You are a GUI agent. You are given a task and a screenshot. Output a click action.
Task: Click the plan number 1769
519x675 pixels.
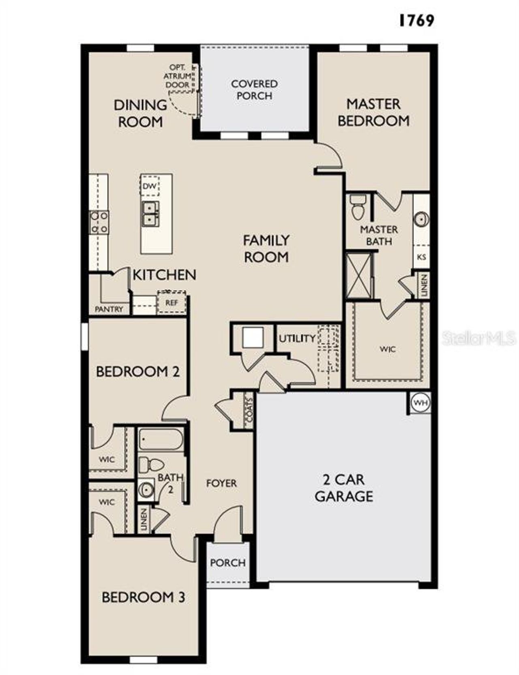coord(416,20)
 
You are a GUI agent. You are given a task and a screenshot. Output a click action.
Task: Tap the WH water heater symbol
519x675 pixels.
coord(420,403)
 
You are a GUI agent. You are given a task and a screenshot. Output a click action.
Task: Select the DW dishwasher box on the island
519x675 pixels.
coord(150,186)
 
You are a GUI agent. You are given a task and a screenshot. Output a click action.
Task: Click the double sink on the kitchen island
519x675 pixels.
coord(150,214)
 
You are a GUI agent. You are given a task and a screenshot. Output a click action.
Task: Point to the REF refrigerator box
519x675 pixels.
coord(172,303)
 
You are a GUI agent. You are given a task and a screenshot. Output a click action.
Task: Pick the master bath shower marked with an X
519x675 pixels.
coord(358,276)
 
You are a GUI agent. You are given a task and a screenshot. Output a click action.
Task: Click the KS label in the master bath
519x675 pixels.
coord(421,257)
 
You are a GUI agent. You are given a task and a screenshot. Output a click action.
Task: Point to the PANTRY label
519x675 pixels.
coord(109,310)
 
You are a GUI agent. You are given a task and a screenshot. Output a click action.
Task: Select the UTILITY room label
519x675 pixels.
coord(297,338)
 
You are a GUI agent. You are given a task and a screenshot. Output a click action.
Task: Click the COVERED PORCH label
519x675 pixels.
coord(254,90)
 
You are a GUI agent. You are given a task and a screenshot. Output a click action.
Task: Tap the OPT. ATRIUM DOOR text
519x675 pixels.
coord(177,76)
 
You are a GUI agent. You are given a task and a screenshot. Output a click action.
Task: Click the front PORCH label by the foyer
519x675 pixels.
coord(227,563)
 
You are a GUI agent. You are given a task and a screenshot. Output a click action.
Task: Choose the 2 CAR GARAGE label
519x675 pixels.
coord(344,488)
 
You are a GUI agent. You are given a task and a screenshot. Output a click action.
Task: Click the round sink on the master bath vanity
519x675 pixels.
coord(421,220)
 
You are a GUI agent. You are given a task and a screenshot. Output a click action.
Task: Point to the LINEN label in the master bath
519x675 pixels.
coord(424,286)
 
